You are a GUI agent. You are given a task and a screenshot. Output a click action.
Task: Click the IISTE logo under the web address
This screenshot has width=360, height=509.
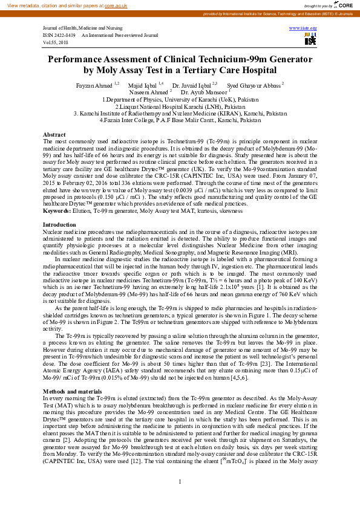point(310,39)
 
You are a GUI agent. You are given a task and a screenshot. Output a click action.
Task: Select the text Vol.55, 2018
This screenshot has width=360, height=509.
point(56,43)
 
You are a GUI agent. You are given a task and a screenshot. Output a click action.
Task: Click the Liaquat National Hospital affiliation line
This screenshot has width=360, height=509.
point(180,106)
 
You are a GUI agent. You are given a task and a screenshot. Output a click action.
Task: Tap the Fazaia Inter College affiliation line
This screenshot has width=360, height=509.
point(180,120)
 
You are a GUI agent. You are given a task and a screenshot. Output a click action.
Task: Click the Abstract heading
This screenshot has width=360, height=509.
point(54,134)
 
